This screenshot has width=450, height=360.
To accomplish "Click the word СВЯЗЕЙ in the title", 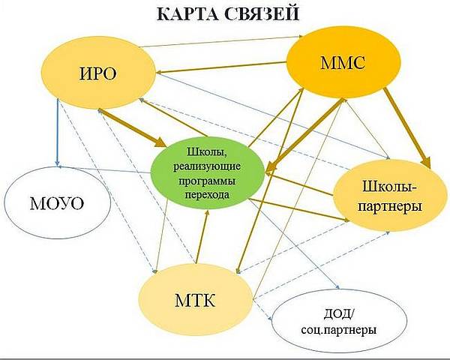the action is (x=262, y=13).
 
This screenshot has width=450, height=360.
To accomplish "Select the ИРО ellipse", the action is (x=97, y=73).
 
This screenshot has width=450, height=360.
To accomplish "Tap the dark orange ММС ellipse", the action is (x=343, y=63).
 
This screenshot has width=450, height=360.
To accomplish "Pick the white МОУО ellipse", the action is (x=57, y=202).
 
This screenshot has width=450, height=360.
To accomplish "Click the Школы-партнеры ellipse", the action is (x=389, y=196).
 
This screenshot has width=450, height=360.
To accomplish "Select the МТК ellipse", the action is (x=195, y=301).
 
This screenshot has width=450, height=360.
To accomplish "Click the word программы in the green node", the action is (x=207, y=181).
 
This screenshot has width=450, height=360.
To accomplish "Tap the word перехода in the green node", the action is (x=207, y=195).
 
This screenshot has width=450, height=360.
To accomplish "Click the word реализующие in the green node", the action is (x=207, y=166).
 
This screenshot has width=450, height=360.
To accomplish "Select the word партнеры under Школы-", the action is (x=389, y=206).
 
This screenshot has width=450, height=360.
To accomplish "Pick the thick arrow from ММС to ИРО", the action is (x=221, y=67).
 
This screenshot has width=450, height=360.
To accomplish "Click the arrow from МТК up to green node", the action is (x=202, y=236).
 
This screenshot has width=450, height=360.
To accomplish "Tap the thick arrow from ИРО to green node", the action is (x=132, y=128).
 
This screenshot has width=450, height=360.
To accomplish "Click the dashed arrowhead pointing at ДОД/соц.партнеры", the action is (x=269, y=318).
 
